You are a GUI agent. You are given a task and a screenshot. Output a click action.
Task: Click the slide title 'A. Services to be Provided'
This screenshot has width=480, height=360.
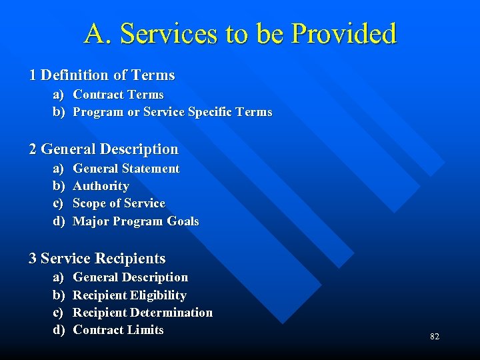pyautogui.click(x=240, y=33)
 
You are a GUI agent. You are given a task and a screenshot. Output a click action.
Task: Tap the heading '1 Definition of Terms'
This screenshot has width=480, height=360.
pyautogui.click(x=101, y=75)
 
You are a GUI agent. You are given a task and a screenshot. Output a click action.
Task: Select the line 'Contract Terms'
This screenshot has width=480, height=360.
pyautogui.click(x=118, y=95)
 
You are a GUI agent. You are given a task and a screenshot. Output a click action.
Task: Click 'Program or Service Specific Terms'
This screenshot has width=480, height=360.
pyautogui.click(x=172, y=112)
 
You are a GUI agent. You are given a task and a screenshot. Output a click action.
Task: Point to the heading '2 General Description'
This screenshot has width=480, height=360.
pyautogui.click(x=103, y=149)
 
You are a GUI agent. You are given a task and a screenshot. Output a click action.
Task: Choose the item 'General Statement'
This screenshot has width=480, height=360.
pyautogui.click(x=126, y=169)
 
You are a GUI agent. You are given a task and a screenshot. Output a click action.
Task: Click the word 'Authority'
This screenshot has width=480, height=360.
pyautogui.click(x=101, y=186)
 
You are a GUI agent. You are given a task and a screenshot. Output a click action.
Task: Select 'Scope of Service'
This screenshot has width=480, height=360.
pyautogui.click(x=119, y=203)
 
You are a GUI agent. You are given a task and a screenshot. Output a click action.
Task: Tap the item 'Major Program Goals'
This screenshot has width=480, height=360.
pyautogui.click(x=135, y=221)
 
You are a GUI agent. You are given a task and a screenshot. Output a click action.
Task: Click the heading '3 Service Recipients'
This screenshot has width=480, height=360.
pyautogui.click(x=97, y=259)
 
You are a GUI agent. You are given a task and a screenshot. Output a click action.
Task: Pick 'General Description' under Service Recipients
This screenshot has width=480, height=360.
pyautogui.click(x=130, y=277)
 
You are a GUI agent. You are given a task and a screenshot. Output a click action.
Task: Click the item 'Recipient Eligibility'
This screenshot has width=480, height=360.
pyautogui.click(x=129, y=295)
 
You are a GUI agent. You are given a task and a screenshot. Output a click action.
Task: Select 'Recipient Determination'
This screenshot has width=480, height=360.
pyautogui.click(x=142, y=313)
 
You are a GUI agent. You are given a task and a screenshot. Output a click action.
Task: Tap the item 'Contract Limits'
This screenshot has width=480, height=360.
pyautogui.click(x=118, y=330)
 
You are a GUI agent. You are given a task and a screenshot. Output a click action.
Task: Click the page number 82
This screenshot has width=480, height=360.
pyautogui.click(x=435, y=337)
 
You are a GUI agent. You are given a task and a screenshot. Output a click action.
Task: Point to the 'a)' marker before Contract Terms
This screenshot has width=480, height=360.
pyautogui.click(x=59, y=95)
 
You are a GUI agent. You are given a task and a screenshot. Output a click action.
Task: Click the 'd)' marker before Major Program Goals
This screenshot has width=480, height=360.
pyautogui.click(x=59, y=221)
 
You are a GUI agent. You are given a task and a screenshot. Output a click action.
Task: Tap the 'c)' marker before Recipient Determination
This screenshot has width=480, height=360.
pyautogui.click(x=59, y=313)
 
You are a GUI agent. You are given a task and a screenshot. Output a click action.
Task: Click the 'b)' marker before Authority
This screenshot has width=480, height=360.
pyautogui.click(x=59, y=186)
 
